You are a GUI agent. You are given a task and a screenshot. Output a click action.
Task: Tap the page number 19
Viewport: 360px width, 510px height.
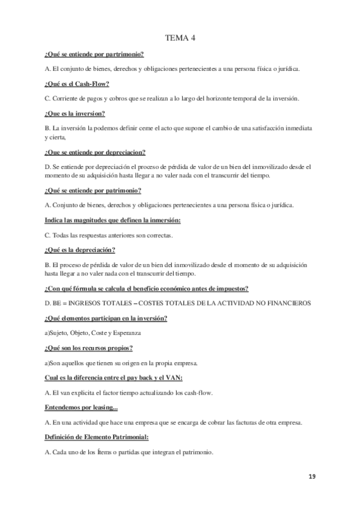312,476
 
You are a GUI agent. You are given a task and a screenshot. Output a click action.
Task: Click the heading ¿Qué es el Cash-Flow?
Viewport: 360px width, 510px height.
76,84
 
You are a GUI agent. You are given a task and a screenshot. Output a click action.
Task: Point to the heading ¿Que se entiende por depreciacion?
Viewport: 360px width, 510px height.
95,152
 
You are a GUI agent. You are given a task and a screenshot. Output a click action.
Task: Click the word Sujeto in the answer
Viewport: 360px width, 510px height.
59,333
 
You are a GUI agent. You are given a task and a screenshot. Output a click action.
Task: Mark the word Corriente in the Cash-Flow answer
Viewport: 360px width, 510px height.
66,99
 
